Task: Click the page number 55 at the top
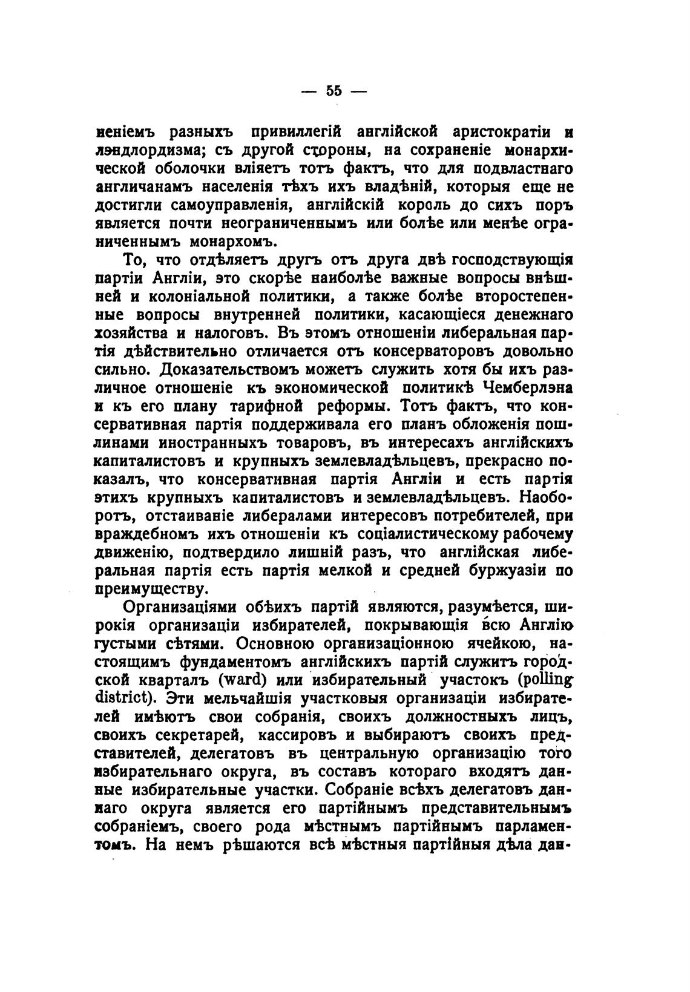point(333,91)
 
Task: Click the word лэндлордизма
point(143,149)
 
